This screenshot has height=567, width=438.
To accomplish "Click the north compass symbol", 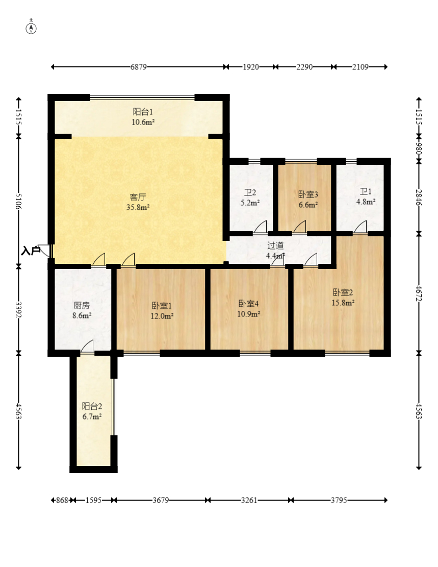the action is click(x=31, y=27).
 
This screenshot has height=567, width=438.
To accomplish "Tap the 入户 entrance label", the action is click(x=31, y=251).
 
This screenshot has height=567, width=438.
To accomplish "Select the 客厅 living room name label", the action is click(x=138, y=198).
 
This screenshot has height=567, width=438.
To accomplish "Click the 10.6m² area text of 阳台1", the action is click(x=143, y=122).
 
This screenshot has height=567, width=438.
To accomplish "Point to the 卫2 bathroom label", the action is click(x=250, y=193).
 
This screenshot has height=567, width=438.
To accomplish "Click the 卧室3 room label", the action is click(x=308, y=194).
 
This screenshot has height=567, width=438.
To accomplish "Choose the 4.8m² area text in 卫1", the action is click(x=366, y=202).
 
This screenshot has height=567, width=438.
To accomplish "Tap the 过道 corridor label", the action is click(x=275, y=246).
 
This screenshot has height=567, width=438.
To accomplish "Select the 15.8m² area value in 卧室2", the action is click(x=343, y=303).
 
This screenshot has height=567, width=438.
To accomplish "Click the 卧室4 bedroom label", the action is click(x=249, y=304).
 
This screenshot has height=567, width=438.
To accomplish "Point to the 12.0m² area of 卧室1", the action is click(x=162, y=316).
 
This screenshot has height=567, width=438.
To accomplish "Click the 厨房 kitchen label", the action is click(x=82, y=306).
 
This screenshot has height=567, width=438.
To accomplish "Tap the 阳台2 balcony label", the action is click(x=92, y=406).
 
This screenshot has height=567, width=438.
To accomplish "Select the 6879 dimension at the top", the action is click(x=139, y=67).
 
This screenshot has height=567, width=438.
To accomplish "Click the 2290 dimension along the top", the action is click(x=304, y=67).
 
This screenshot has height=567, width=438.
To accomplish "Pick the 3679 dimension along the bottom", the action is click(x=161, y=500).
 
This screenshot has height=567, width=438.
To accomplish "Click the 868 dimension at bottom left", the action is click(x=62, y=500).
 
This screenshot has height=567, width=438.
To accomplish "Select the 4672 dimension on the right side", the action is click(x=419, y=293).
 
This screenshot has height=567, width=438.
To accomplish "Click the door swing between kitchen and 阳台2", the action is click(x=87, y=346).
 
